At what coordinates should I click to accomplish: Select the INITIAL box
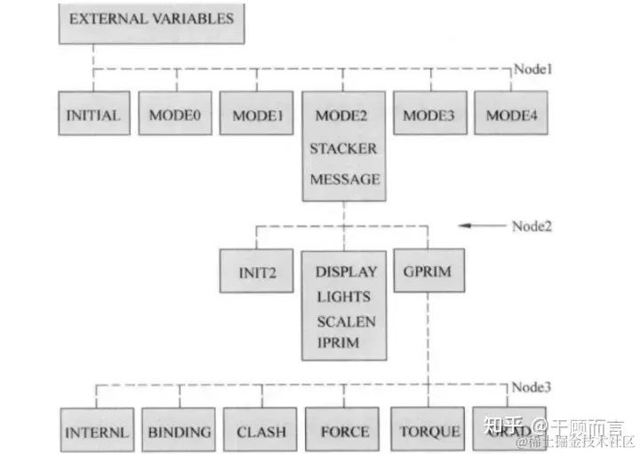92,114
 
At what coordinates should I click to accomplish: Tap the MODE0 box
174,114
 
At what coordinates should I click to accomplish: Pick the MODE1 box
257,114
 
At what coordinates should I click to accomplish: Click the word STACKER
343,148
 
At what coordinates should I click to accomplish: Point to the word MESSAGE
344,179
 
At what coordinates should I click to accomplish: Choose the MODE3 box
429,114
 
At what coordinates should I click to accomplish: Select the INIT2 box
256,272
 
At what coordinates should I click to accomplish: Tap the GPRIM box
428,271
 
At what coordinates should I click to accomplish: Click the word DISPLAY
346,272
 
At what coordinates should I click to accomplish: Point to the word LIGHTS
342,296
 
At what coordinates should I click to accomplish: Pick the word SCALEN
345,321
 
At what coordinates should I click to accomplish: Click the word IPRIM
337,342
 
